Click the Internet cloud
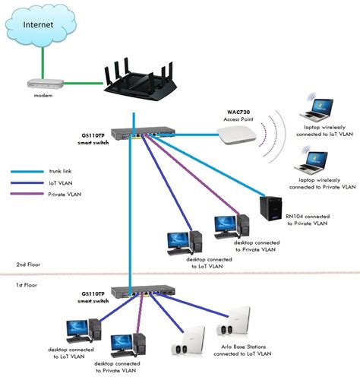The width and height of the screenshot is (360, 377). [x=39, y=27]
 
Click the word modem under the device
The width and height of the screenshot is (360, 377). [x=43, y=96]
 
